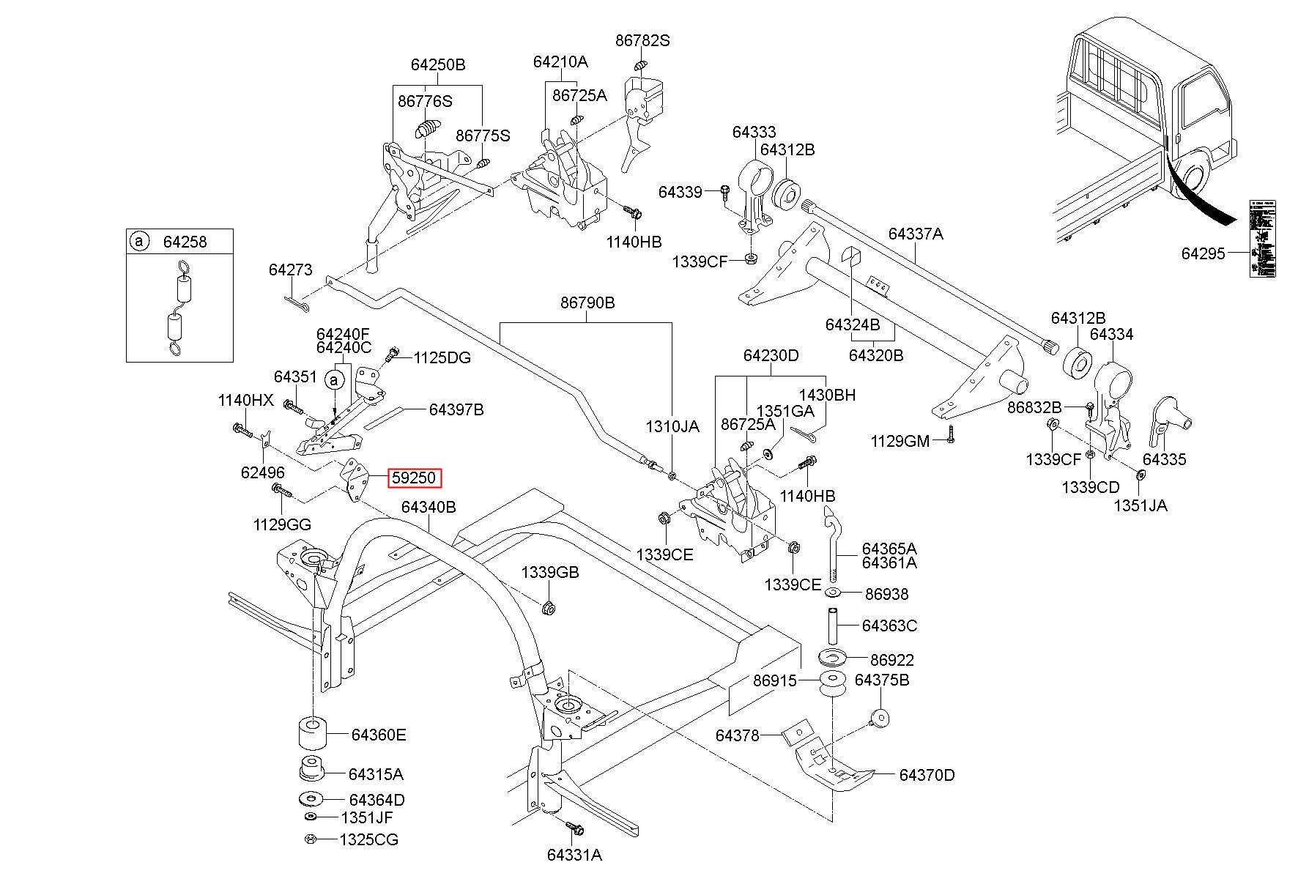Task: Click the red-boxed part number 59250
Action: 414,478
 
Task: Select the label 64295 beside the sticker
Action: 1203,253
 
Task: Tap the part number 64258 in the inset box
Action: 185,242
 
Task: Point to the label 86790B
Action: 587,303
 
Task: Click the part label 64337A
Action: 916,234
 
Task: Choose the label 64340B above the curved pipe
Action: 429,507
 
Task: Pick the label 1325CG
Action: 369,839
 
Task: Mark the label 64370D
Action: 927,775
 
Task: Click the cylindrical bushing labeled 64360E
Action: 311,735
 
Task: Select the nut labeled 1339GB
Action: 549,608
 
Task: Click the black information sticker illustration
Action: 1262,239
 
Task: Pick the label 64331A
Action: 574,855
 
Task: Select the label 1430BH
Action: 827,396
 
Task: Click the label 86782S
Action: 642,41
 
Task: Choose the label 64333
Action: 754,133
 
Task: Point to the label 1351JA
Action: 1141,505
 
